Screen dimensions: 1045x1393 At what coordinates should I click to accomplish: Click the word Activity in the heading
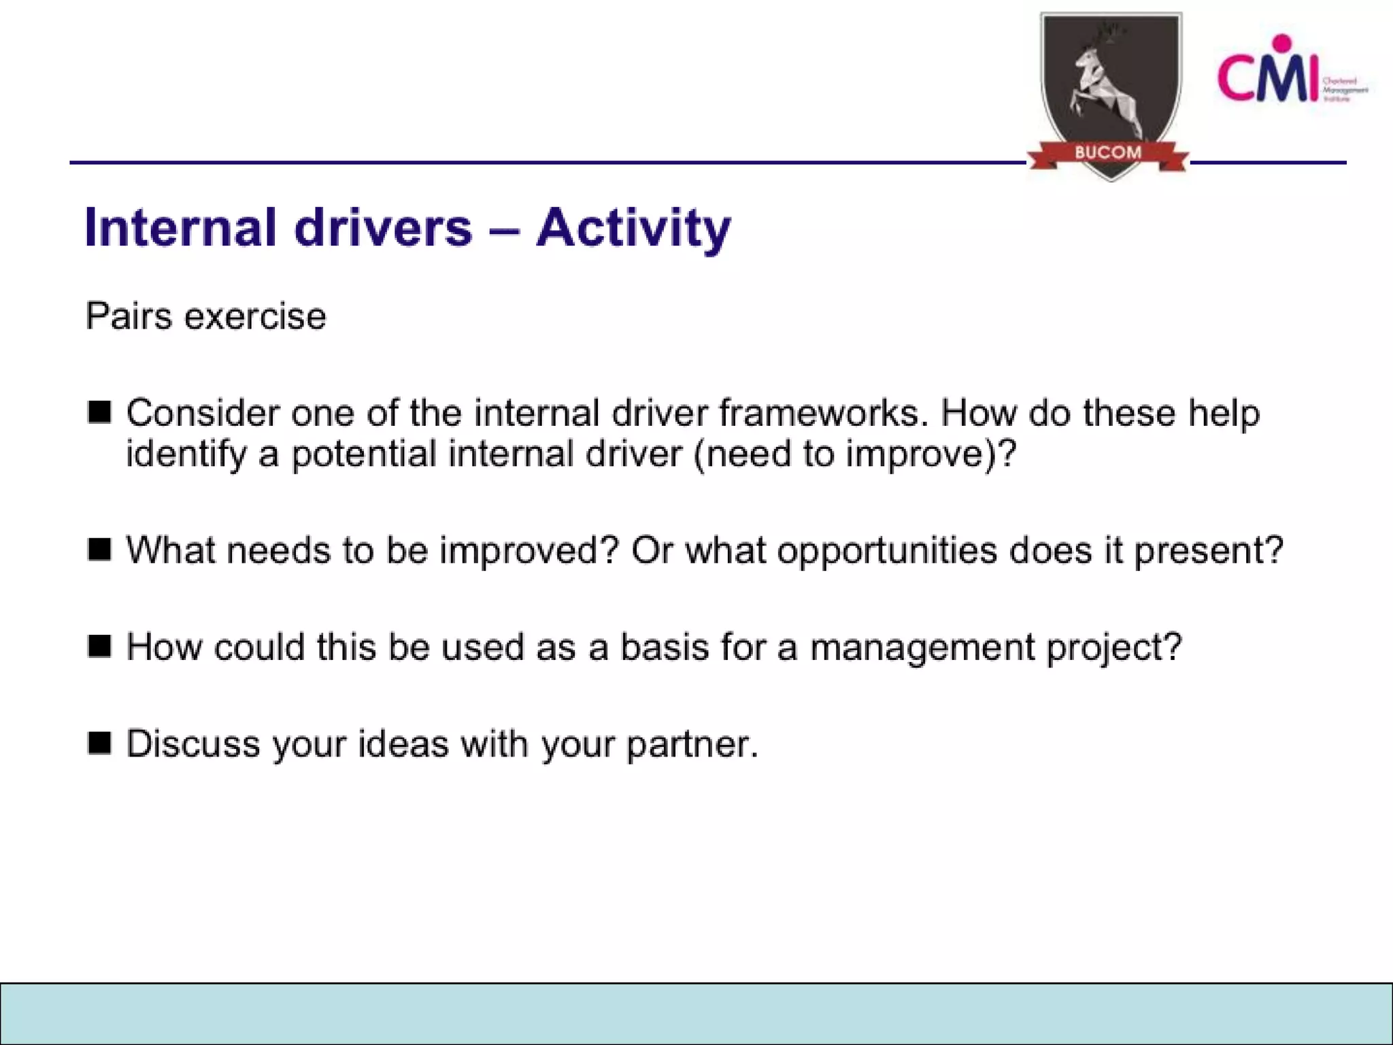tap(633, 228)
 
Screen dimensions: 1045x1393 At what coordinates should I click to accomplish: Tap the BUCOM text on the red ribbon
tap(1108, 152)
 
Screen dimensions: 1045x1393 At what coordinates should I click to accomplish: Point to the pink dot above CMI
tap(1282, 43)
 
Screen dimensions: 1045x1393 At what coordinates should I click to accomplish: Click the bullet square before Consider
tap(99, 412)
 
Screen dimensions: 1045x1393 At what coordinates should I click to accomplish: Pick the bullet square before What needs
tap(99, 549)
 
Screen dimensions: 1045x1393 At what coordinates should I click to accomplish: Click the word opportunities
tap(887, 550)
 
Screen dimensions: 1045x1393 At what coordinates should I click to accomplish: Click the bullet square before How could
tap(99, 646)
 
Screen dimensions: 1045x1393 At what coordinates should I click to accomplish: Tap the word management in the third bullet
tap(922, 648)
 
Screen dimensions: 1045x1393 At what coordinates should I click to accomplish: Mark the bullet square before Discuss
tap(99, 743)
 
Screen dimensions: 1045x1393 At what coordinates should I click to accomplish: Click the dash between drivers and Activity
tap(504, 229)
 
